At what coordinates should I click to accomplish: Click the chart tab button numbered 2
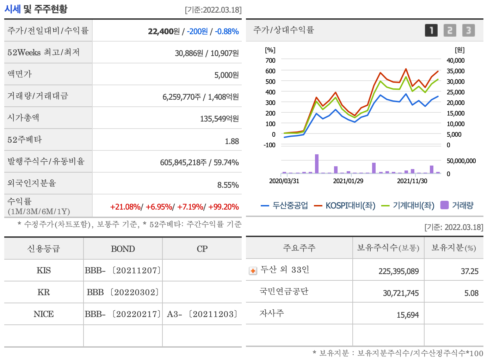(450, 30)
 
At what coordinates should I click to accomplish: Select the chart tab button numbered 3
(468, 30)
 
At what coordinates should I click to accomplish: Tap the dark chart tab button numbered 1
(431, 30)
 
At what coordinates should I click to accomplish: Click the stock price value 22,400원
(164, 31)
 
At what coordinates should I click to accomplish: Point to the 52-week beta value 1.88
(232, 141)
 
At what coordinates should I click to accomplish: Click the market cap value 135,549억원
(219, 119)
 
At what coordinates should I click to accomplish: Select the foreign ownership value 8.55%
(228, 185)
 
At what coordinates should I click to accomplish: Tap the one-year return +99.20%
(223, 207)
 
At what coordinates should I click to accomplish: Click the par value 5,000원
(227, 75)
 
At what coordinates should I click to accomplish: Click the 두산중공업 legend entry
(285, 205)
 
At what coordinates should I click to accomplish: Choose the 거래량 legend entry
(457, 205)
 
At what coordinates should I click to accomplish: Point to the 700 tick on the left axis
(270, 61)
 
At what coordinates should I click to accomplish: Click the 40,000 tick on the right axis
(455, 61)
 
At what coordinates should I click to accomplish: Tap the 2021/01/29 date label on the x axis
(348, 181)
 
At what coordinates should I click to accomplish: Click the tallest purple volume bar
(317, 164)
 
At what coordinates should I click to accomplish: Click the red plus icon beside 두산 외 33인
(253, 271)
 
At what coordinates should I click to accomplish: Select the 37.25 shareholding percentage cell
(469, 271)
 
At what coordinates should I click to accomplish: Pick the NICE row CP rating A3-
(174, 314)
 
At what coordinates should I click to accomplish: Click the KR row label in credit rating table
(44, 292)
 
